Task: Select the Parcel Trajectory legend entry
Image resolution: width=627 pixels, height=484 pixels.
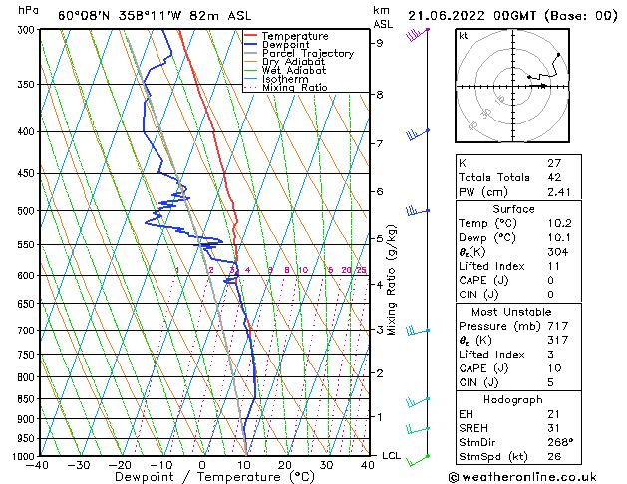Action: click(x=307, y=53)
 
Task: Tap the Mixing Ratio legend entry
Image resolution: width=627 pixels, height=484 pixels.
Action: click(x=294, y=88)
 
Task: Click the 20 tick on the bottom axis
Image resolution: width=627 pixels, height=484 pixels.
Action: click(x=284, y=465)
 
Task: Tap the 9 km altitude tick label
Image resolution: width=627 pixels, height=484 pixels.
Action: click(x=380, y=43)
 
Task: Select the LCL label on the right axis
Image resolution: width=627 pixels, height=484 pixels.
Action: click(x=392, y=456)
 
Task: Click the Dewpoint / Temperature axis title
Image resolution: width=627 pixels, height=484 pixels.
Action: click(x=202, y=477)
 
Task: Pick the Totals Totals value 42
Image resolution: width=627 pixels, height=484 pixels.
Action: click(x=554, y=177)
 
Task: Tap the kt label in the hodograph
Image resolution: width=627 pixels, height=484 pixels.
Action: click(x=464, y=35)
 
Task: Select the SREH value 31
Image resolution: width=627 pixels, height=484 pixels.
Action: click(x=554, y=428)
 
